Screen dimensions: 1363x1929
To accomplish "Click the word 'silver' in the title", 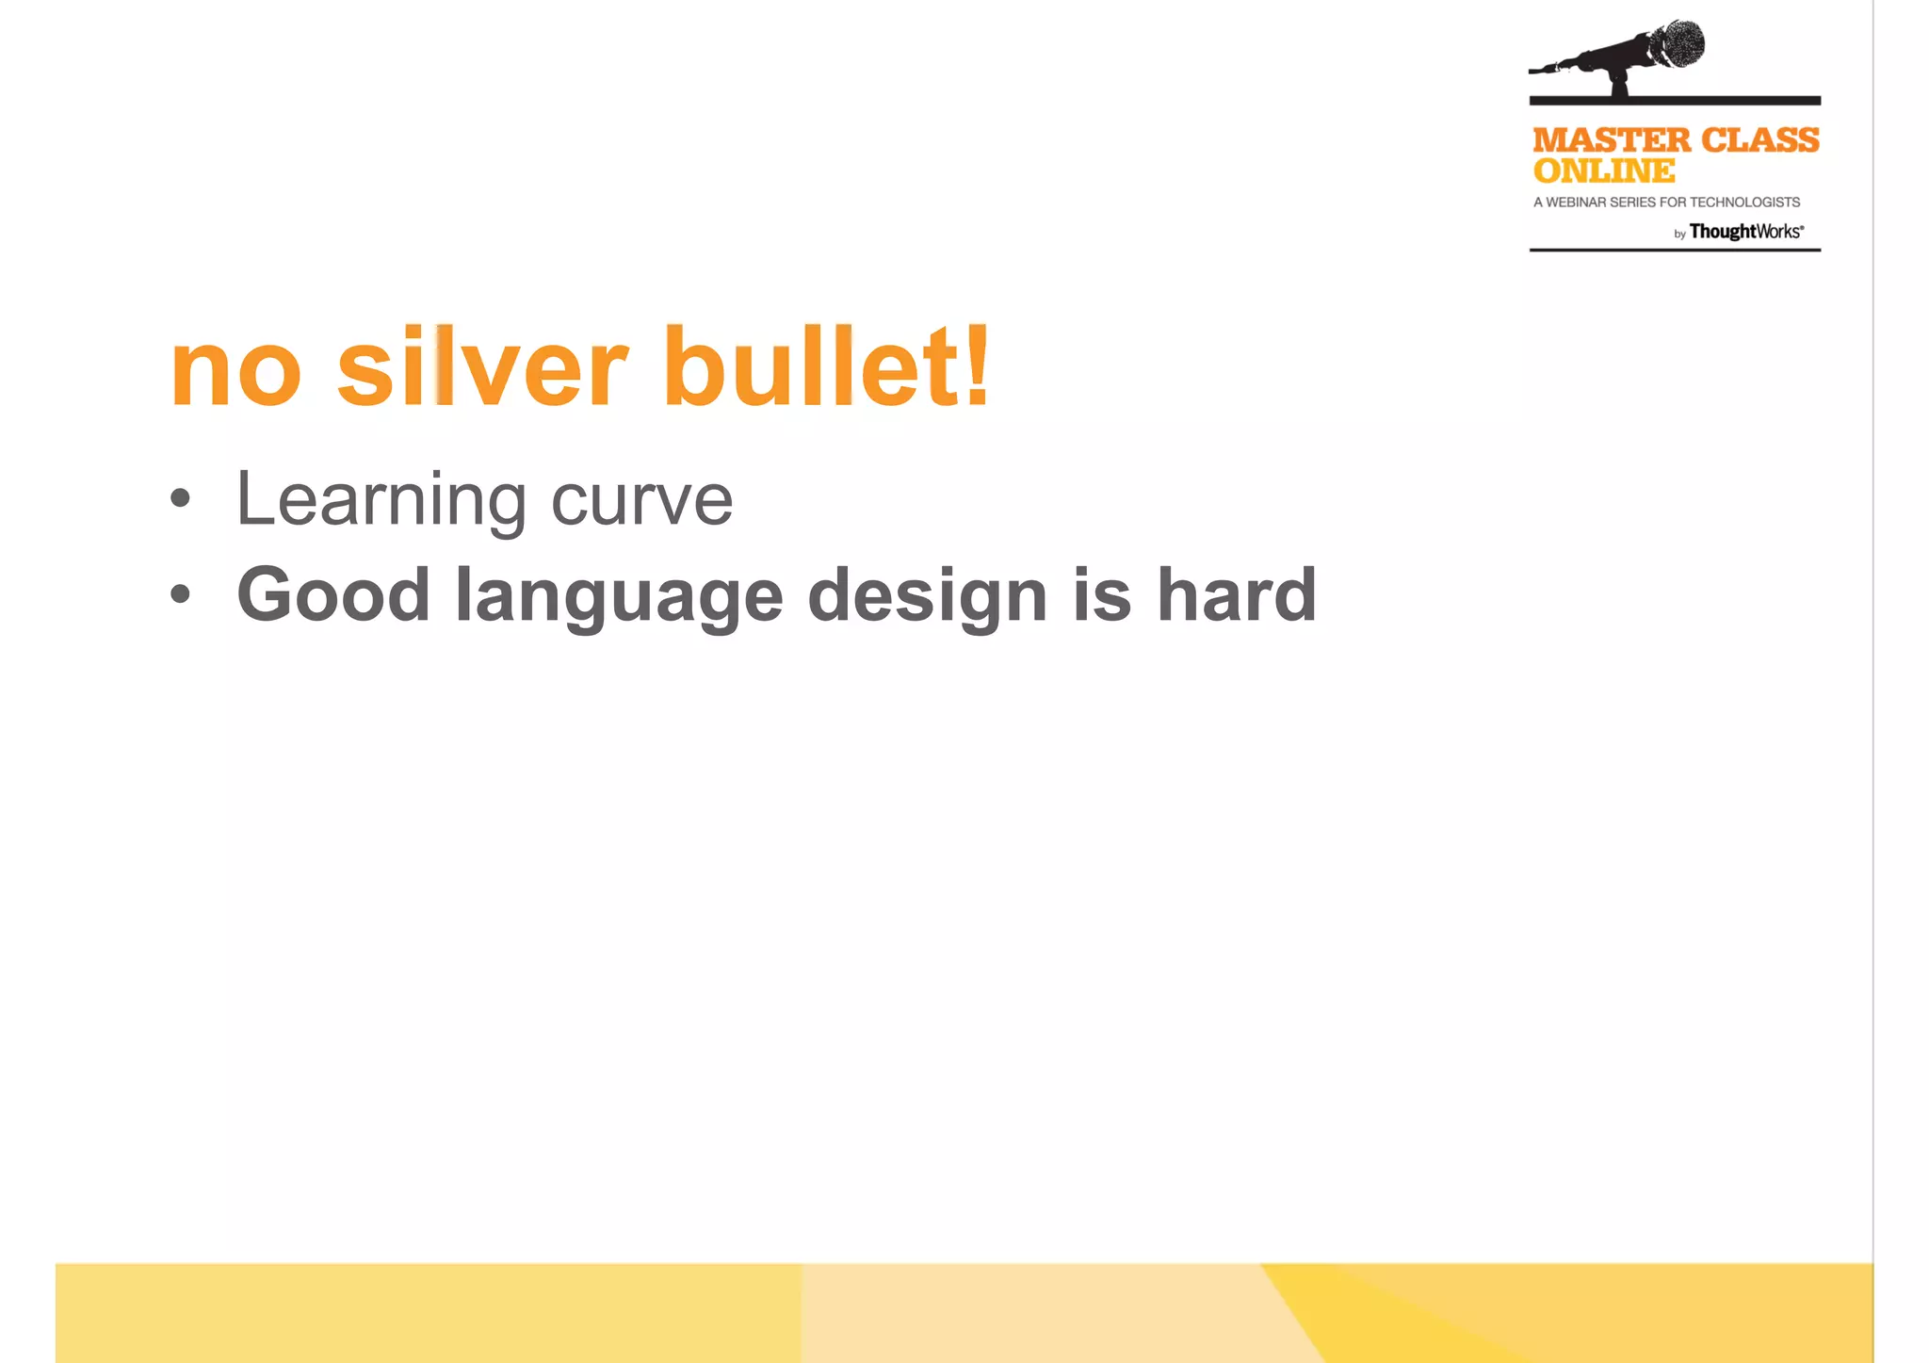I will [x=481, y=367].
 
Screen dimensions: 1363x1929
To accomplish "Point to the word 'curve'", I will [x=641, y=500].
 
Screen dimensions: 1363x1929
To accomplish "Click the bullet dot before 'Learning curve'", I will [x=181, y=499].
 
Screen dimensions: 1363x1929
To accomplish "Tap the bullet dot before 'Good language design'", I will [x=181, y=594].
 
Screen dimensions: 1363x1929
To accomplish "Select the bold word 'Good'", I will [x=333, y=595].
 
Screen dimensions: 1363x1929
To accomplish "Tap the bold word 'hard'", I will [x=1236, y=594].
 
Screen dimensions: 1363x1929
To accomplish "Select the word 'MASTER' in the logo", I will [x=1612, y=140].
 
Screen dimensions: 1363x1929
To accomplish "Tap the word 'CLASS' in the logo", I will [x=1760, y=140].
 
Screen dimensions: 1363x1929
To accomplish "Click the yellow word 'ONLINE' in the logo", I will [x=1604, y=171].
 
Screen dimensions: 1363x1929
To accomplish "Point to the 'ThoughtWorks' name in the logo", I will [x=1745, y=232].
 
